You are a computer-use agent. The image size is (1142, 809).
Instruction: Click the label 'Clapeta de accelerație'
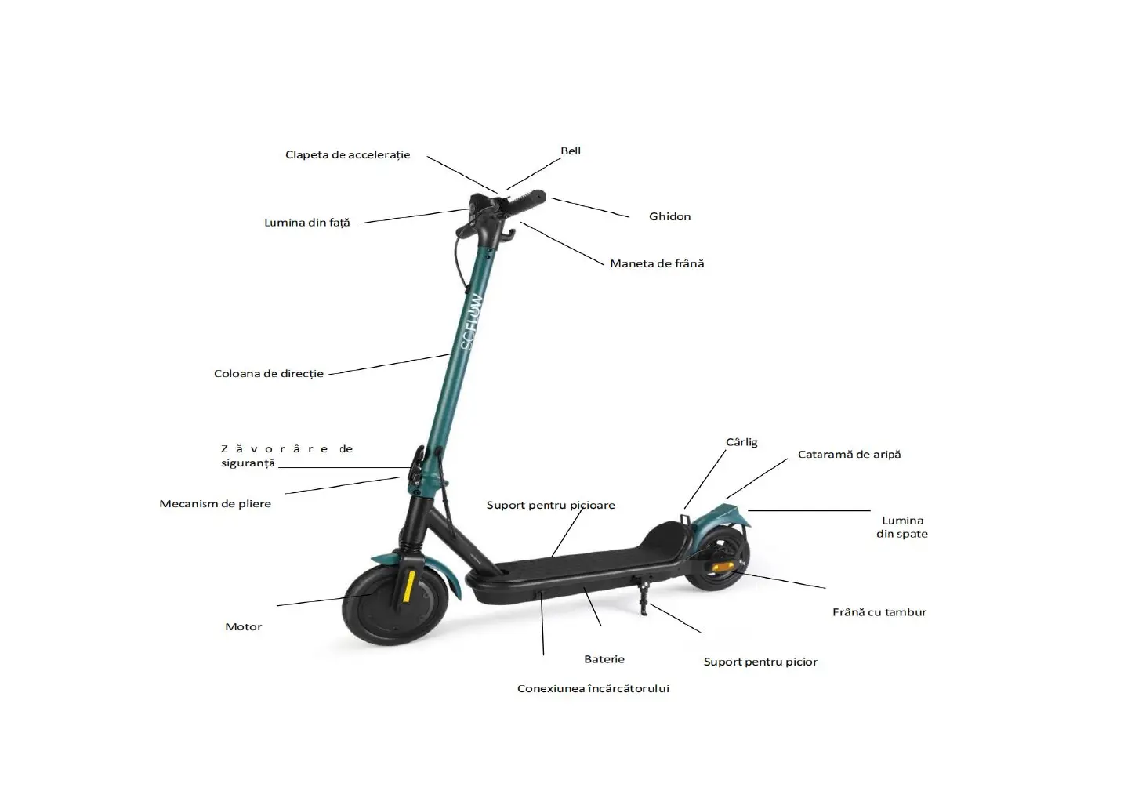347,155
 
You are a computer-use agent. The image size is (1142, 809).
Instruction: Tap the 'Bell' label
571,151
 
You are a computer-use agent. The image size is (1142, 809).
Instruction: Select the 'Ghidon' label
669,217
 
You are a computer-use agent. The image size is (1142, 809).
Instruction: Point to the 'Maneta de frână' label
657,264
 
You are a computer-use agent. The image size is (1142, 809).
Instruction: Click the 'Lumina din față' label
306,223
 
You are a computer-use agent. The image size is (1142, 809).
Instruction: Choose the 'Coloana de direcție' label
268,374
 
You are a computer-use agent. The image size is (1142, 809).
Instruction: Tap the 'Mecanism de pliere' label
215,504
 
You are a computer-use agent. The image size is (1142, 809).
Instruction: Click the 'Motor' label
243,627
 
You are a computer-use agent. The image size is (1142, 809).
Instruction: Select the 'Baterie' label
604,659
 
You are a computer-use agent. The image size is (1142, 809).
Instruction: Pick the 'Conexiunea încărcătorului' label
593,689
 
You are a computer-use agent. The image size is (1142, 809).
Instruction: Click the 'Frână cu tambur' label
879,612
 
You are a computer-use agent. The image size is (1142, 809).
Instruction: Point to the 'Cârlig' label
741,442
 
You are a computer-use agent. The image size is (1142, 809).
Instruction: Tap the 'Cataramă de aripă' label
849,455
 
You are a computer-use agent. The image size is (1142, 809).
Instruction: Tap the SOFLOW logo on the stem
472,321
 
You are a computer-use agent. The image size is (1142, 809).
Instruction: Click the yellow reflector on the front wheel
408,586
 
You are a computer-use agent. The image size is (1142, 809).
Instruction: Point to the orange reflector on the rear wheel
723,566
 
